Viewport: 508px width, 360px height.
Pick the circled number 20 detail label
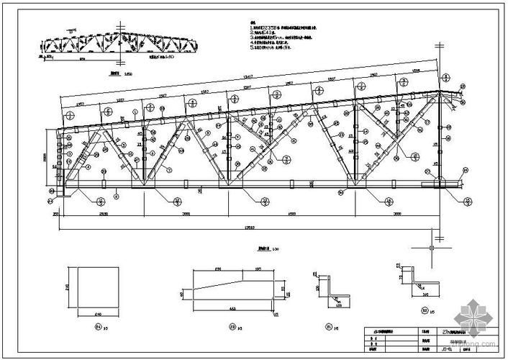(x=421, y=312)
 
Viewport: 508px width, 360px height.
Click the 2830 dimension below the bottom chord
(x=104, y=214)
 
